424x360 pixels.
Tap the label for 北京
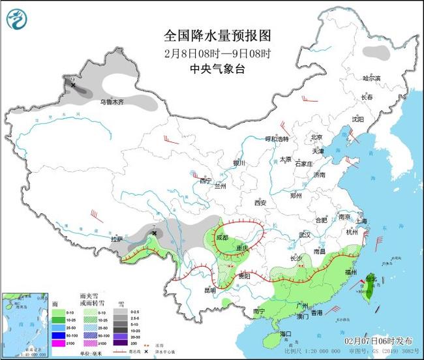click(x=317, y=137)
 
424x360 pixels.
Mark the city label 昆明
click(x=209, y=290)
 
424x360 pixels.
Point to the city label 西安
click(x=261, y=203)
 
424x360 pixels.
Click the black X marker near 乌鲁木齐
click(x=73, y=85)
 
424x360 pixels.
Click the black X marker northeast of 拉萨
click(x=155, y=233)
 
